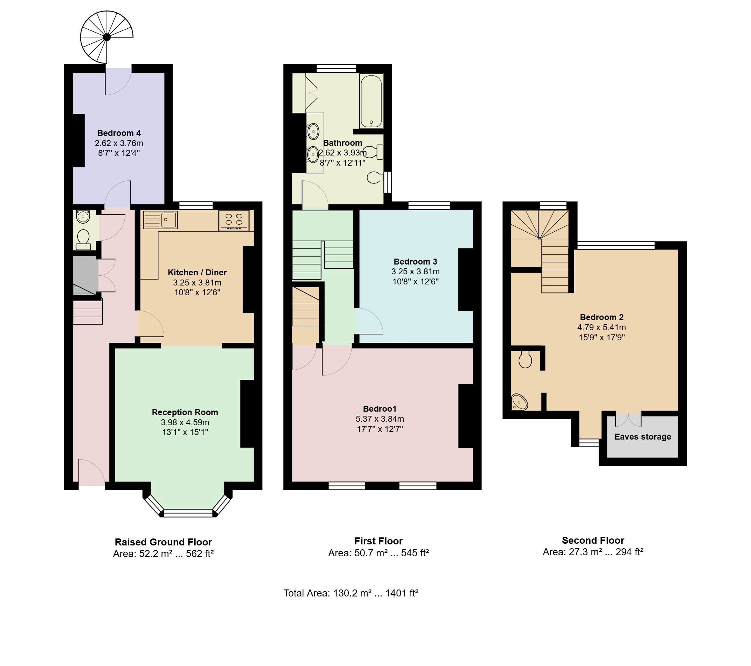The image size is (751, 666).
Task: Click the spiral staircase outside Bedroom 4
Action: tap(107, 37)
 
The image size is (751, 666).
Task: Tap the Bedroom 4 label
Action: tap(119, 133)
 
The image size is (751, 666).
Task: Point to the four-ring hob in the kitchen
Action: tap(234, 220)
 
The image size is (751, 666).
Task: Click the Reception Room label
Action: tap(185, 412)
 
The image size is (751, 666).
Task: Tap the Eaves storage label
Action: tap(643, 437)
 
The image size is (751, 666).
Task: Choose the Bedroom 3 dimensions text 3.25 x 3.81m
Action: tap(415, 272)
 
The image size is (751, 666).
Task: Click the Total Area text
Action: tap(351, 593)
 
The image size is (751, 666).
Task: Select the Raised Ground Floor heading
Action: tap(163, 542)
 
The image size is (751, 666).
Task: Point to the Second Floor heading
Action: tap(593, 540)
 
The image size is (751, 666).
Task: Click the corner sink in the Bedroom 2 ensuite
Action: tap(519, 402)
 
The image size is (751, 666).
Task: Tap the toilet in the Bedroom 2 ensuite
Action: tap(525, 360)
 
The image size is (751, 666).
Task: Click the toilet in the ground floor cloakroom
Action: tap(84, 239)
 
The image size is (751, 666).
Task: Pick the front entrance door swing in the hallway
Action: tap(92, 472)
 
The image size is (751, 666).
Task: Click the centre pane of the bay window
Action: tap(188, 513)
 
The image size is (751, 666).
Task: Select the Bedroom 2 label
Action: tap(601, 317)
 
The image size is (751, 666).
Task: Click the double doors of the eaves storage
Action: tap(628, 420)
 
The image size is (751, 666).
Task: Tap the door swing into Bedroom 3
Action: tap(369, 321)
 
